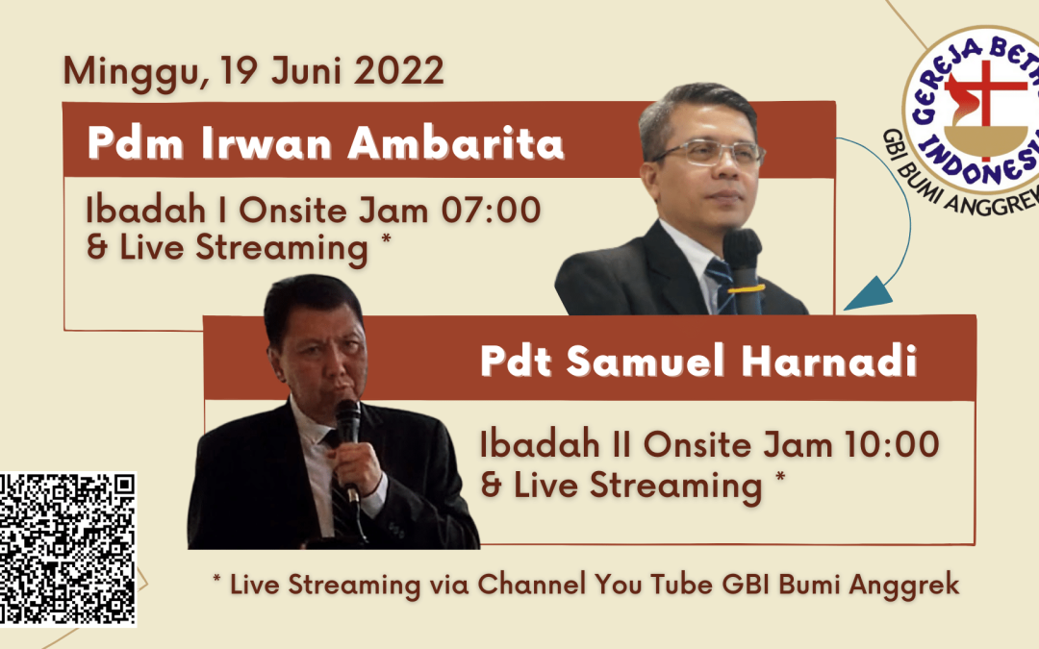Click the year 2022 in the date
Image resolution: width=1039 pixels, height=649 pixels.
[398, 71]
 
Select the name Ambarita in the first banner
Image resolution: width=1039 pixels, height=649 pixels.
[456, 143]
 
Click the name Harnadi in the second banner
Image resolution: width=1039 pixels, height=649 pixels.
[828, 362]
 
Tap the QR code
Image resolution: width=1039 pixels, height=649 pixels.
[67, 549]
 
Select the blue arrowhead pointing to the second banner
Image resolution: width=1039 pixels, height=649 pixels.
[869, 295]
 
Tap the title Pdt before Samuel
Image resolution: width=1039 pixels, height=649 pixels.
[517, 362]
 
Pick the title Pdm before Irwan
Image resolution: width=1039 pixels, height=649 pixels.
[136, 143]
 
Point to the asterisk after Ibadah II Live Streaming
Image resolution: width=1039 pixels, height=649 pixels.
[780, 476]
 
